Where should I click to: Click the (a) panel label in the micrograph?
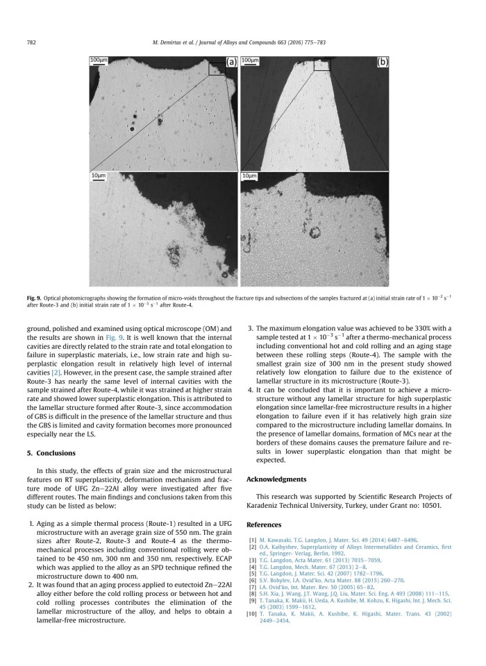click(231, 62)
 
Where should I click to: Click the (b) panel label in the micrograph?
click(382, 62)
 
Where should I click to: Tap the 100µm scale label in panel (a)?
click(99, 60)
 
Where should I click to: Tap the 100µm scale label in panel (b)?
click(249, 60)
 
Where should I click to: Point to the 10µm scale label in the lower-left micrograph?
click(97, 176)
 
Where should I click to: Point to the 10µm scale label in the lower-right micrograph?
click(248, 176)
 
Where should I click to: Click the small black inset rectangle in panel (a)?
click(218, 67)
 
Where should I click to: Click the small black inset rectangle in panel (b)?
click(321, 65)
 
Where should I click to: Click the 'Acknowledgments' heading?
click(276, 479)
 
